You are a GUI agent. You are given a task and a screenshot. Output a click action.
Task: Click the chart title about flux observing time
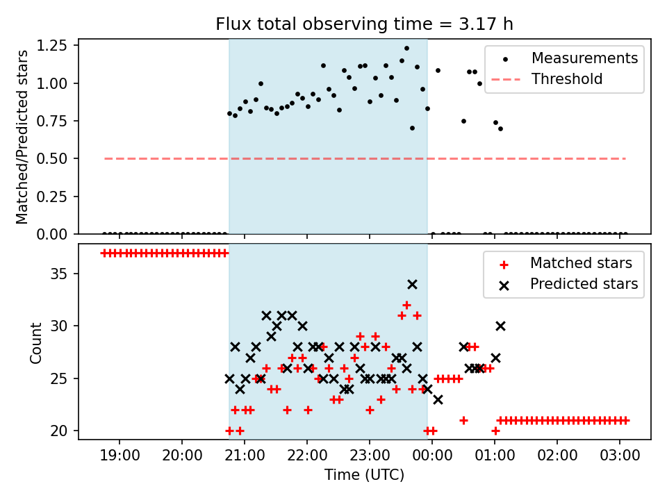(x=364, y=24)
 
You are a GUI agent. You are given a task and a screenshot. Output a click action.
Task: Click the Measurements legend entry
(x=584, y=58)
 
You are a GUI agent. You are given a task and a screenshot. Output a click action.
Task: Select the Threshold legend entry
(x=567, y=79)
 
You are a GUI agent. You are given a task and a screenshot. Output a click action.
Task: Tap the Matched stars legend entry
(x=581, y=263)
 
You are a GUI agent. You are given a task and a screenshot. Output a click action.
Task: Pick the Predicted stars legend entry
(x=584, y=283)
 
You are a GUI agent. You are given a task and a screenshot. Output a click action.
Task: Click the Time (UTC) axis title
(x=364, y=476)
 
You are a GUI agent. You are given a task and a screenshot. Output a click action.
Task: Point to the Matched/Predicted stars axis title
(x=22, y=137)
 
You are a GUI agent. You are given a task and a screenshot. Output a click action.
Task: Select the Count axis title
(x=35, y=342)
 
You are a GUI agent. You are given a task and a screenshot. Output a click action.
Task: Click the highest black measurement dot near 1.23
(x=406, y=49)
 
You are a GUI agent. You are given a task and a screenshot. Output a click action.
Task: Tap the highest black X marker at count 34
(x=412, y=284)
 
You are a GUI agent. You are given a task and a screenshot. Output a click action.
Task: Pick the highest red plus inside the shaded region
(x=406, y=305)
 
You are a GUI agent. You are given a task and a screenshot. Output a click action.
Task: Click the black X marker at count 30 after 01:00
(x=500, y=326)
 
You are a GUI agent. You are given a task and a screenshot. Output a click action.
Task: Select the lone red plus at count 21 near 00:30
(x=463, y=420)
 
